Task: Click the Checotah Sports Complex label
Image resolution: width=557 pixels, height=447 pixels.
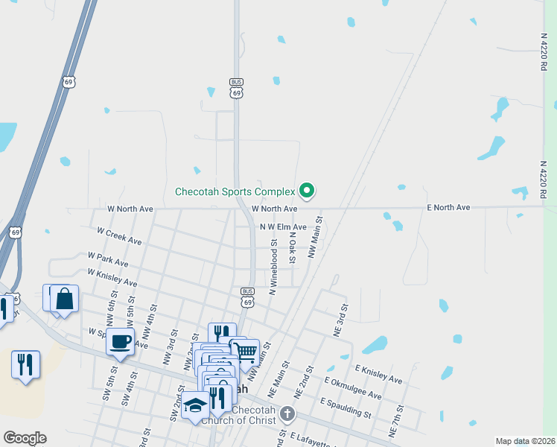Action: pyautogui.click(x=235, y=191)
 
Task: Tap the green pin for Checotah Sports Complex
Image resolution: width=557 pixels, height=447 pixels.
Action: pyautogui.click(x=305, y=191)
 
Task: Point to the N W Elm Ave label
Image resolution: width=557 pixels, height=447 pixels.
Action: pyautogui.click(x=282, y=226)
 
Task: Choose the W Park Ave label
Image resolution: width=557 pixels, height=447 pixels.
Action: pyautogui.click(x=108, y=259)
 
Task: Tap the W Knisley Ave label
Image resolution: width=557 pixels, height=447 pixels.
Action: pyautogui.click(x=112, y=278)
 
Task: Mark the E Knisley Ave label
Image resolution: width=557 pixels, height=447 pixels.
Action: pyautogui.click(x=378, y=374)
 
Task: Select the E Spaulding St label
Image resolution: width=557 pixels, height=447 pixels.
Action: pyautogui.click(x=346, y=408)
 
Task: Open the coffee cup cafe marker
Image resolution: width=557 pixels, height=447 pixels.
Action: pyautogui.click(x=119, y=343)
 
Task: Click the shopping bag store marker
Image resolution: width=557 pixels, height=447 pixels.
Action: pyautogui.click(x=66, y=299)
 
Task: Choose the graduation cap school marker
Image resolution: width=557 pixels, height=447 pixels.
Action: pyautogui.click(x=195, y=405)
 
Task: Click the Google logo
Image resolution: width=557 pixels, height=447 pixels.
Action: pyautogui.click(x=25, y=438)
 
